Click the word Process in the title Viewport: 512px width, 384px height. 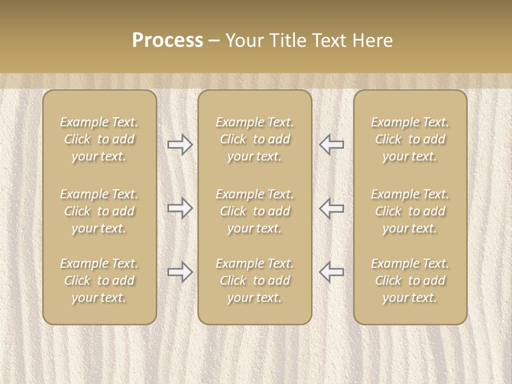(x=167, y=41)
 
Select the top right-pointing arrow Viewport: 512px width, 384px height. (x=180, y=145)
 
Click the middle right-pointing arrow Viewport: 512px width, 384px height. (x=180, y=208)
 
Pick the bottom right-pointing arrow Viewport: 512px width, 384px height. (x=180, y=272)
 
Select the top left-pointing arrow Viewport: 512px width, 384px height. (x=332, y=145)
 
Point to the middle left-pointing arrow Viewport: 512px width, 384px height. (x=332, y=208)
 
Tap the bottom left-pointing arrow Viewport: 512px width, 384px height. (x=332, y=272)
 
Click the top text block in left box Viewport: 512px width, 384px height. (x=99, y=139)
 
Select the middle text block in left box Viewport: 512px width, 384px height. (x=99, y=211)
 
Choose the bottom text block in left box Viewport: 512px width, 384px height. (x=99, y=281)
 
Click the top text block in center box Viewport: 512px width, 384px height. (x=254, y=139)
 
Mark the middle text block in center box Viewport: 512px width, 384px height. (x=254, y=211)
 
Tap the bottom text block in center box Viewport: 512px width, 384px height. (x=254, y=281)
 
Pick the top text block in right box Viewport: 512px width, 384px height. (x=410, y=139)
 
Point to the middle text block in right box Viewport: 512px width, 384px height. (x=410, y=211)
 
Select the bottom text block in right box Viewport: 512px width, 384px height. (x=410, y=281)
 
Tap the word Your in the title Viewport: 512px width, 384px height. (x=243, y=41)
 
